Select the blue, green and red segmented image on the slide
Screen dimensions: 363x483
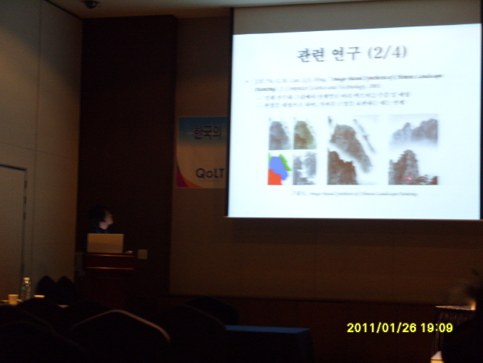click(x=279, y=168)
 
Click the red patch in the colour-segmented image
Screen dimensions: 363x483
click(x=274, y=177)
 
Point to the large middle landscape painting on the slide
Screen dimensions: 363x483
click(x=352, y=150)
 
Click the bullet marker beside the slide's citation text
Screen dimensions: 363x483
click(x=248, y=79)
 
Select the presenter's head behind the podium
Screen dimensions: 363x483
click(x=101, y=219)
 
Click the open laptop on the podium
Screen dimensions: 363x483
click(x=105, y=243)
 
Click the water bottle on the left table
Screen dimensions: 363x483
click(x=26, y=288)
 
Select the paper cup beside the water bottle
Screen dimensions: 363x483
click(x=12, y=298)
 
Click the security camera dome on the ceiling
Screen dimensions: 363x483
click(x=91, y=4)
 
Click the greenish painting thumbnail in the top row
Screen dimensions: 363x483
click(x=305, y=135)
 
